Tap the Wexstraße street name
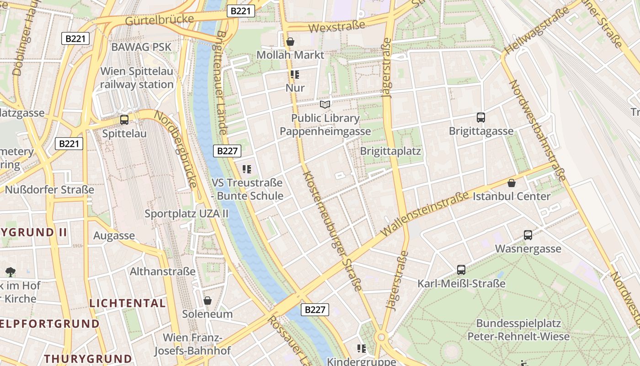[x=336, y=27]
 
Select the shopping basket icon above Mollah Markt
[x=290, y=42]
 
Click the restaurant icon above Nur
[x=295, y=75]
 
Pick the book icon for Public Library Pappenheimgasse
[x=325, y=105]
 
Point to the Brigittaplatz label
[x=390, y=151]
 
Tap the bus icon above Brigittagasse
[x=480, y=118]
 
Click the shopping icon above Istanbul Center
[x=512, y=183]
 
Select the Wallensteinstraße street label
[x=425, y=214]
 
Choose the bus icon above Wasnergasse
[x=528, y=235]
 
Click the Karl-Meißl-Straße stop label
[x=461, y=284]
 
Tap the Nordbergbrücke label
[x=176, y=149]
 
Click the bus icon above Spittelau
[x=124, y=120]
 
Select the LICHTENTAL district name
[x=128, y=303]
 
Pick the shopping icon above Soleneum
[x=208, y=301]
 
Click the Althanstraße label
[x=162, y=271]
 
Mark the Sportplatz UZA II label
[x=186, y=214]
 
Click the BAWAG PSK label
[x=141, y=47]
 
